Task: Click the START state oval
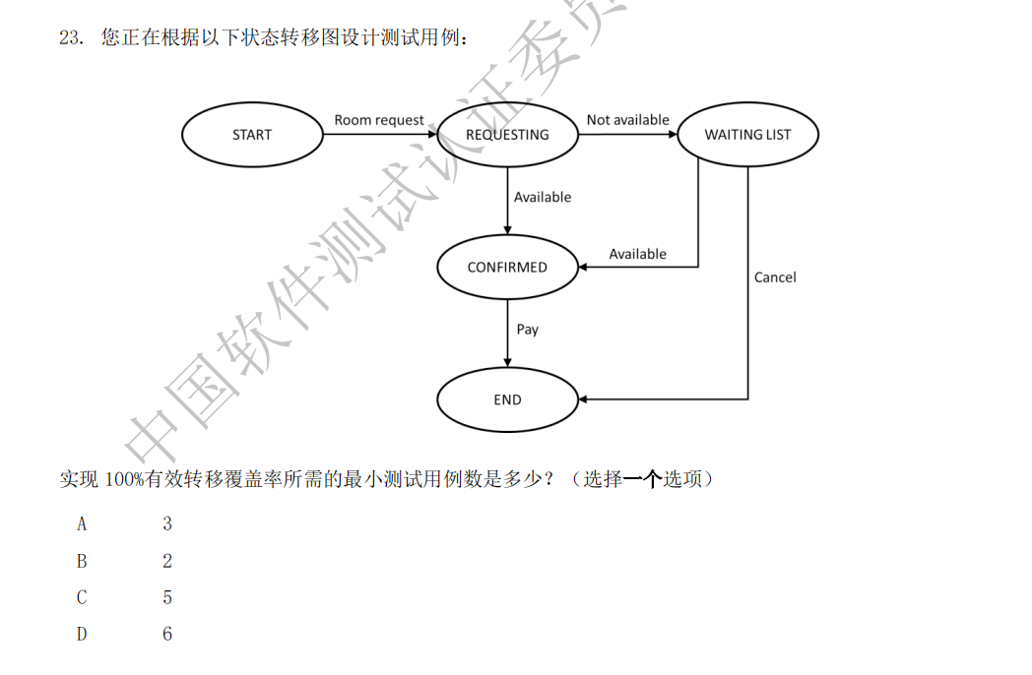pyautogui.click(x=252, y=135)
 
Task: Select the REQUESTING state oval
pyautogui.click(x=507, y=135)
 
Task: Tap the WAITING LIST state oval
pyautogui.click(x=747, y=135)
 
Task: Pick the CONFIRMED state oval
pyautogui.click(x=507, y=267)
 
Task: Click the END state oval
pyautogui.click(x=507, y=399)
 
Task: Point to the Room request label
pyautogui.click(x=379, y=120)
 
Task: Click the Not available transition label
pyautogui.click(x=627, y=120)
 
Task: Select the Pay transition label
pyautogui.click(x=528, y=330)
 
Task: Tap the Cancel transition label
pyautogui.click(x=775, y=277)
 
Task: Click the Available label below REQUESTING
pyautogui.click(x=543, y=198)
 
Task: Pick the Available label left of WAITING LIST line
pyautogui.click(x=637, y=254)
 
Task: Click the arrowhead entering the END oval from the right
pyautogui.click(x=584, y=399)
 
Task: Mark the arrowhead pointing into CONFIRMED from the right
pyautogui.click(x=584, y=267)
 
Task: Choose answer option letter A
pyautogui.click(x=82, y=524)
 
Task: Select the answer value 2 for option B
pyautogui.click(x=167, y=561)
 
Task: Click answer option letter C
pyautogui.click(x=82, y=597)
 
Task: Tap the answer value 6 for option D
pyautogui.click(x=167, y=635)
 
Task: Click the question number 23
pyautogui.click(x=69, y=38)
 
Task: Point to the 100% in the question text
pyautogui.click(x=124, y=480)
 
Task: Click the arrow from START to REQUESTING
pyautogui.click(x=379, y=135)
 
